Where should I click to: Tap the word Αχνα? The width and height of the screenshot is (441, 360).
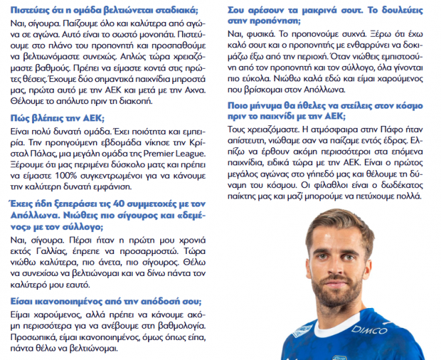pyautogui.click(x=198, y=91)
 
